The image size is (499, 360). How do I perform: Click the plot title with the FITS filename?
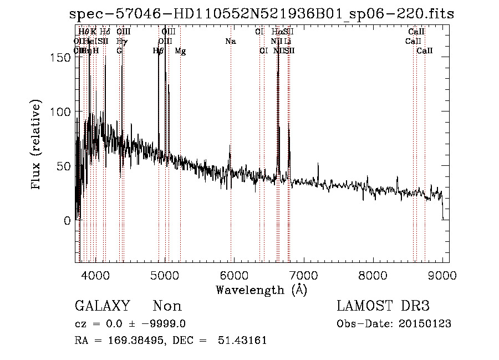click(x=262, y=14)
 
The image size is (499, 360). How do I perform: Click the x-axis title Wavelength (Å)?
click(x=261, y=290)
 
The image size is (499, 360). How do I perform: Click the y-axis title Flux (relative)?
click(x=37, y=145)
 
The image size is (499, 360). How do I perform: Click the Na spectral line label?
click(x=230, y=41)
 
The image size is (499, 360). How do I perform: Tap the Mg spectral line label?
click(x=180, y=51)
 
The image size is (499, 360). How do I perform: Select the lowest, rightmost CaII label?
click(x=425, y=51)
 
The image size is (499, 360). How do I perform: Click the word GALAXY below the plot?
click(x=102, y=306)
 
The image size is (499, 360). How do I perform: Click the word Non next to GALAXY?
click(x=167, y=306)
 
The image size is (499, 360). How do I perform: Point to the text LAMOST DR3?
click(x=383, y=306)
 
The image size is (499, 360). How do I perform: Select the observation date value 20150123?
click(x=427, y=324)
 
